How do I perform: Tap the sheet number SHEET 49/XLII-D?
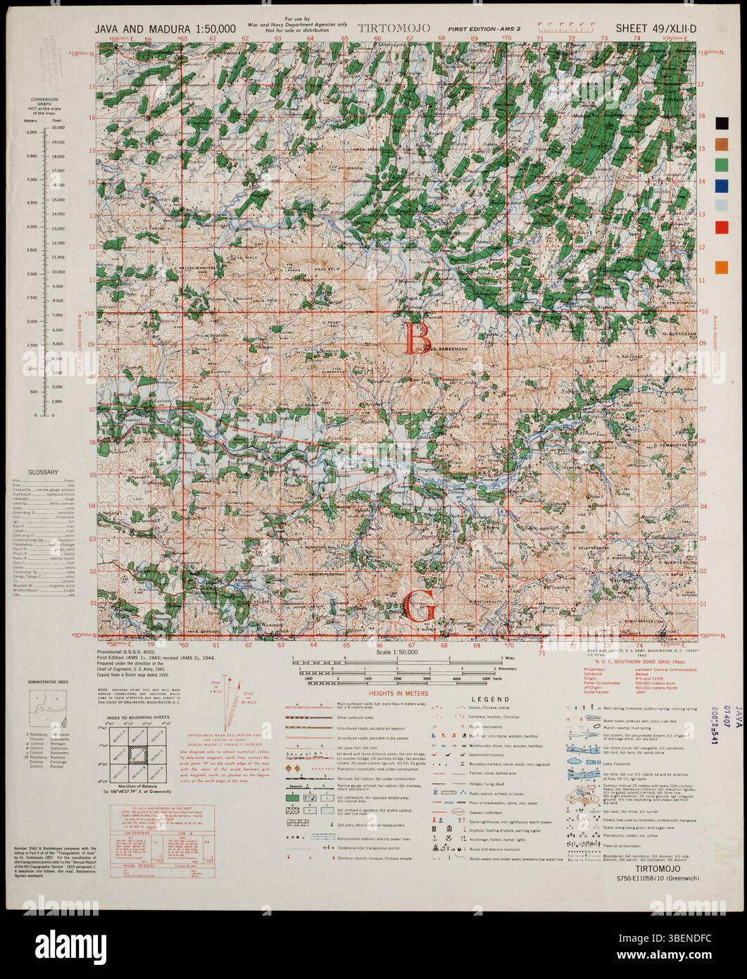pyautogui.click(x=656, y=28)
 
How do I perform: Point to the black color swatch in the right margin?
pyautogui.click(x=722, y=123)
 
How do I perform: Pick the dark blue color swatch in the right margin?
pyautogui.click(x=722, y=186)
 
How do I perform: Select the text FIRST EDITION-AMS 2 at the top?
pyautogui.click(x=470, y=28)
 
